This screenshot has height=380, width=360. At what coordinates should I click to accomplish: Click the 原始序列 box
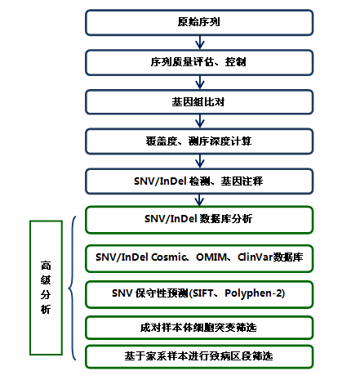click(x=199, y=23)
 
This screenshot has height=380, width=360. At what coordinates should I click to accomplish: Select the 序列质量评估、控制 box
click(x=199, y=62)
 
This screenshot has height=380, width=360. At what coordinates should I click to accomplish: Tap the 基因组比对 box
click(x=199, y=102)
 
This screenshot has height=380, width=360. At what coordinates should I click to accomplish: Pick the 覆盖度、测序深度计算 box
click(x=199, y=141)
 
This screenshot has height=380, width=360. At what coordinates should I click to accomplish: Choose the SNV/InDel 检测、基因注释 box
click(x=199, y=181)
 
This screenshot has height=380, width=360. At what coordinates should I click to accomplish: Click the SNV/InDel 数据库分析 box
click(x=199, y=220)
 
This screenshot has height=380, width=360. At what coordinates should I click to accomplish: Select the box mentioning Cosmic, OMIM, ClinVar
click(x=199, y=258)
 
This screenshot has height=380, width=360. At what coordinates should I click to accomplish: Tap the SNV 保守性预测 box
click(x=199, y=294)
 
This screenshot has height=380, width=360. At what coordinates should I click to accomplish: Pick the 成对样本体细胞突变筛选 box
click(x=199, y=328)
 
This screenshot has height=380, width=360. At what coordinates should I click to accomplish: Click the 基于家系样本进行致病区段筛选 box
click(x=199, y=356)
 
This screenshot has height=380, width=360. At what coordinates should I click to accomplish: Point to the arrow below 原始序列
click(x=200, y=42)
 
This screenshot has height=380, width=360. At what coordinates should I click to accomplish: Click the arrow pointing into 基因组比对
click(x=200, y=83)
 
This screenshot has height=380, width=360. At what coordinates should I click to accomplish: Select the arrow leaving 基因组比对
click(x=200, y=121)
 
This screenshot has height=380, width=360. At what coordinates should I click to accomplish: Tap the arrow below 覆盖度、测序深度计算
click(x=200, y=161)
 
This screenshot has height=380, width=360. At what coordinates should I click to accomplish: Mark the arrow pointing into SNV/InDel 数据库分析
click(x=199, y=200)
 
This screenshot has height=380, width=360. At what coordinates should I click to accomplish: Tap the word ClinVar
click(x=256, y=257)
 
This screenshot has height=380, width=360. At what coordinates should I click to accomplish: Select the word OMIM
click(x=211, y=257)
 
